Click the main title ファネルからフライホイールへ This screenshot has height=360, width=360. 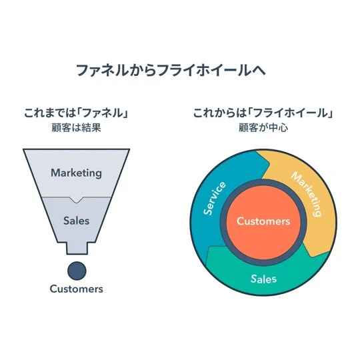(x=171, y=70)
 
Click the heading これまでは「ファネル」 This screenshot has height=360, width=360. (x=76, y=113)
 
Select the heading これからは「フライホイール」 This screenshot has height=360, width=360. (x=263, y=113)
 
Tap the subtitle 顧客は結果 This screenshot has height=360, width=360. (x=76, y=127)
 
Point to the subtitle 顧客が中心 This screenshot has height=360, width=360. (x=263, y=127)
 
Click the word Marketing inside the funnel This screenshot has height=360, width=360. (x=76, y=173)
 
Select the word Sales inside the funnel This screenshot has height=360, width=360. (x=76, y=221)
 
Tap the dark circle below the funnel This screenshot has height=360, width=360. (x=77, y=271)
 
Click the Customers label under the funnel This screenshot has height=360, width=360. (x=76, y=289)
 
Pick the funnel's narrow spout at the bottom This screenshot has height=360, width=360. (x=77, y=248)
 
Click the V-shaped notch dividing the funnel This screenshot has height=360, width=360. (x=76, y=200)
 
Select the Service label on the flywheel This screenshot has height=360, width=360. (x=215, y=199)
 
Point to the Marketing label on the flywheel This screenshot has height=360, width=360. (x=307, y=194)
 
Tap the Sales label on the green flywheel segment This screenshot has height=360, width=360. (x=263, y=279)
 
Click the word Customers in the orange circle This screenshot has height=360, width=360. (x=263, y=221)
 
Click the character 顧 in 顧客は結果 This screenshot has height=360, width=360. (x=56, y=127)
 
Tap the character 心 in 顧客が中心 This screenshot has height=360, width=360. (x=283, y=127)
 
